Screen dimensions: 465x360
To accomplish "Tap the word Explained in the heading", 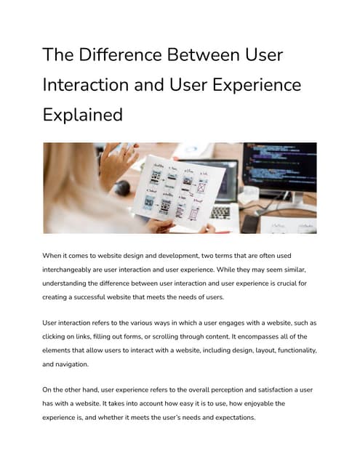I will (x=82, y=114).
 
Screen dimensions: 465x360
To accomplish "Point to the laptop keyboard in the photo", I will (x=220, y=212).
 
